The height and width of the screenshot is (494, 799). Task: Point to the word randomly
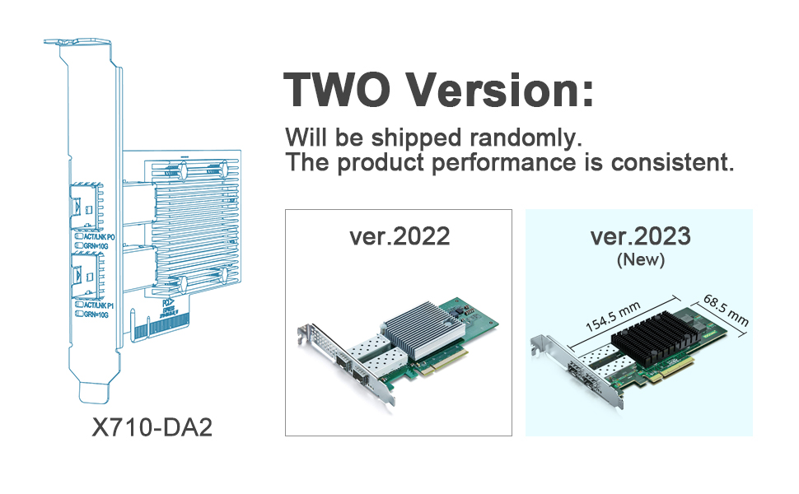(x=521, y=136)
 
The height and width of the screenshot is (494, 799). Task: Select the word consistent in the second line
(x=671, y=161)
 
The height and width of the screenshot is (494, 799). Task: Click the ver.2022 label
(x=399, y=236)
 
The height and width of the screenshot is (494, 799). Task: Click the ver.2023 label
(x=640, y=236)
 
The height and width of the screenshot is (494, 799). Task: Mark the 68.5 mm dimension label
(x=726, y=308)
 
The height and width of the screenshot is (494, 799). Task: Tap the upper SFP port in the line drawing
(x=86, y=203)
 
